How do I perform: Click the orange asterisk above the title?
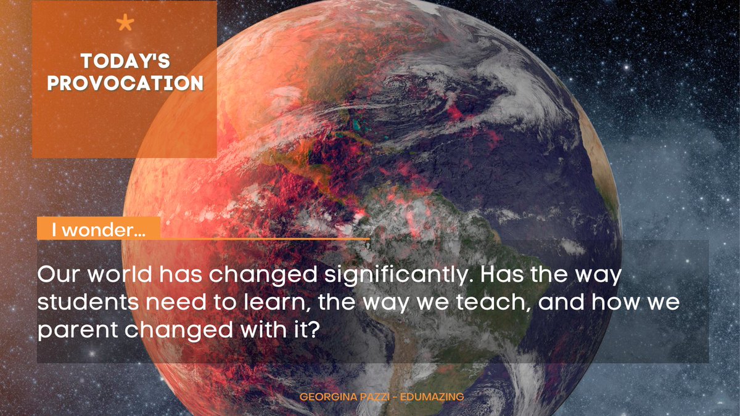125,24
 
